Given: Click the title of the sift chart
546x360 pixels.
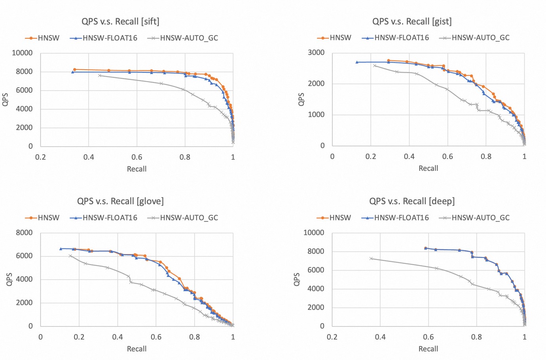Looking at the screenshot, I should click(x=120, y=21).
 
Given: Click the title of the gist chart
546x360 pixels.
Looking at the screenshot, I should click(x=411, y=21).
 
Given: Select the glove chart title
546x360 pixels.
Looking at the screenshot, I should click(x=120, y=201).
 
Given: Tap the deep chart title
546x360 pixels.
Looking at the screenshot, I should click(x=411, y=201).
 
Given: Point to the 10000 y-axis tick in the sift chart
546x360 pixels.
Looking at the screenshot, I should click(x=22, y=53).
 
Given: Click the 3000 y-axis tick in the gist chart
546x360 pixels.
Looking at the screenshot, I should click(x=316, y=53).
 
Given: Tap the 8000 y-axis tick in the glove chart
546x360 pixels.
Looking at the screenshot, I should click(x=24, y=233).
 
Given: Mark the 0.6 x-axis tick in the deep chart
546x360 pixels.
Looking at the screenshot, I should click(x=428, y=337).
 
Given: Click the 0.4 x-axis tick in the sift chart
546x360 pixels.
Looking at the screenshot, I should click(x=89, y=157).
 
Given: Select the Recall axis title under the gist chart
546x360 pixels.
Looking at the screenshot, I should click(x=428, y=169).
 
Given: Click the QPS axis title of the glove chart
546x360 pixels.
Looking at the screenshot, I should click(x=9, y=279).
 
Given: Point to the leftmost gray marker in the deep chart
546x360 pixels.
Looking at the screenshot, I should click(x=371, y=259).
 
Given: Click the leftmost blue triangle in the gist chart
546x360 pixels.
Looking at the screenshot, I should click(x=357, y=62).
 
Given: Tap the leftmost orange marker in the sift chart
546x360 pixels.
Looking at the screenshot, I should click(x=74, y=70).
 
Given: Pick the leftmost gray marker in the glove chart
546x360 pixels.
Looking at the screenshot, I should click(x=70, y=256).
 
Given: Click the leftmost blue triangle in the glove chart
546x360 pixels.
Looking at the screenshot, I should click(x=61, y=249).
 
